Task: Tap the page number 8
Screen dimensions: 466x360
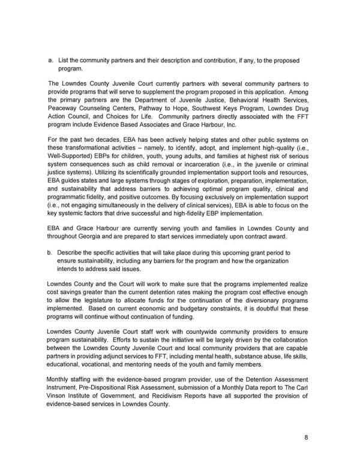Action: click(x=305, y=437)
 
